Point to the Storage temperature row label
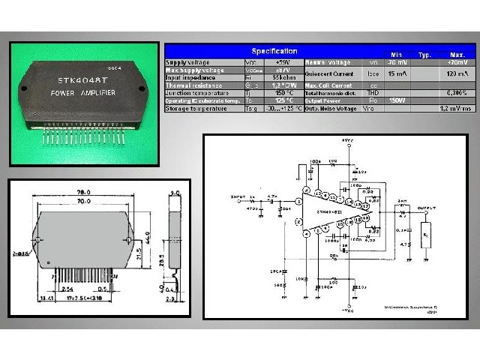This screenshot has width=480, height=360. coord(196,109)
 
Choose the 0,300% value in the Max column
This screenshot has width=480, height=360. coord(454,93)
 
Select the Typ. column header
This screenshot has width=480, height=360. coord(424,55)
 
